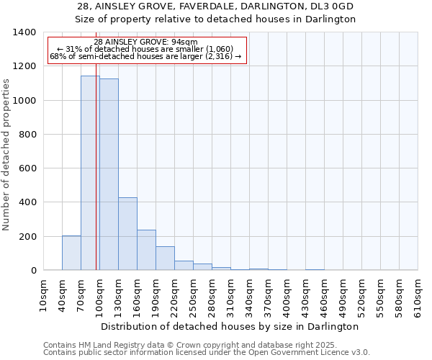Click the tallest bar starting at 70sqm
click(x=90, y=173)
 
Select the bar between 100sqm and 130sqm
click(x=109, y=174)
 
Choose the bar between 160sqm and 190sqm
click(x=146, y=250)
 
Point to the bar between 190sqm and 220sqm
click(x=165, y=258)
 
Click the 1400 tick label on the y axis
click(x=24, y=32)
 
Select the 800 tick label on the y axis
click(x=27, y=135)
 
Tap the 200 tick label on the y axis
click(x=27, y=236)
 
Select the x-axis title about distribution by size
click(x=230, y=326)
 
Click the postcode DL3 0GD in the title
click(x=338, y=6)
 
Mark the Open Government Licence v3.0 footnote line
click(x=206, y=353)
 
